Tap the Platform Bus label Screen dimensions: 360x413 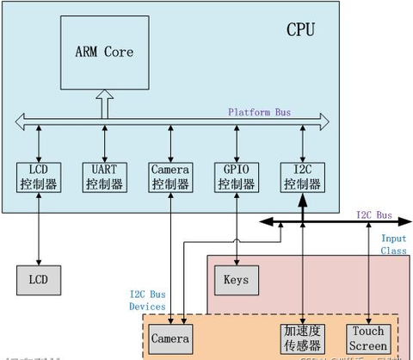pos(261,112)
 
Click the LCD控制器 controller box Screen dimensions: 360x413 pos(39,177)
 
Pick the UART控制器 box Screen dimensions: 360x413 pos(105,177)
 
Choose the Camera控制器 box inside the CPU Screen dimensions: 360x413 pos(170,177)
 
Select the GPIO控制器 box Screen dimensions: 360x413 pos(236,177)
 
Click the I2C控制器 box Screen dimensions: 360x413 pos(302,177)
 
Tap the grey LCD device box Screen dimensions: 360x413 pos(39,279)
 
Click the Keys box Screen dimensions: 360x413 pos(235,279)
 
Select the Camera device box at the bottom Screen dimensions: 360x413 pos(170,338)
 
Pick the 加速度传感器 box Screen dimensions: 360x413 pos(302,338)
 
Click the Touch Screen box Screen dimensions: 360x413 pos(368,338)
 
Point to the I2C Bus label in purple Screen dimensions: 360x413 pos(374,214)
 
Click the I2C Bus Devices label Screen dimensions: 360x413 pos(147,299)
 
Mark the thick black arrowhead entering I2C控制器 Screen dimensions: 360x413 pos(302,200)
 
